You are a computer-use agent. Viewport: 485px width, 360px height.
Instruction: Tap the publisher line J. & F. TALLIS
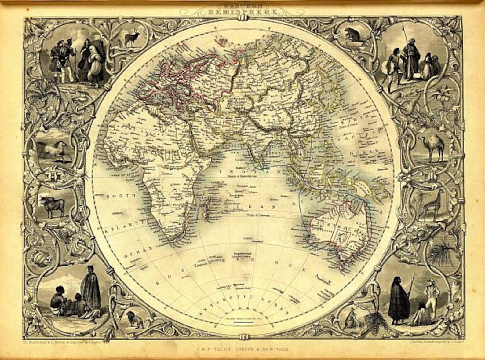pyautogui.click(x=243, y=348)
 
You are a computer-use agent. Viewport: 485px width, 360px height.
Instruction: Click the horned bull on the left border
pyautogui.click(x=52, y=204)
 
